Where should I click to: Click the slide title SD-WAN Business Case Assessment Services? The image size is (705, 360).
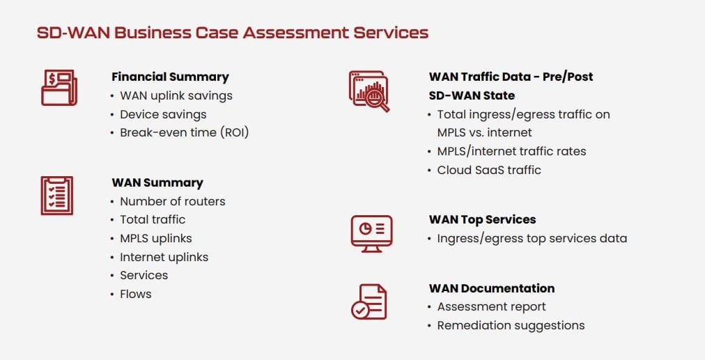click(x=232, y=32)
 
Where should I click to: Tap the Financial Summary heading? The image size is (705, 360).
click(x=170, y=77)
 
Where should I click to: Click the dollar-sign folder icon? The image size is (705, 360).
click(x=59, y=88)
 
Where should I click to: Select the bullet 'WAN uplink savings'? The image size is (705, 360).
click(x=176, y=95)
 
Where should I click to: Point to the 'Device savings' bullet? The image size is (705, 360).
click(x=163, y=114)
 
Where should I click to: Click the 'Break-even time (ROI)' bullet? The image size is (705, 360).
click(x=184, y=132)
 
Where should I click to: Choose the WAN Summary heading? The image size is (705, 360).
click(x=157, y=182)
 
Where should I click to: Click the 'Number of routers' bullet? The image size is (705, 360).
click(x=172, y=201)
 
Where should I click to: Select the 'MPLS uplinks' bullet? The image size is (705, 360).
click(x=155, y=238)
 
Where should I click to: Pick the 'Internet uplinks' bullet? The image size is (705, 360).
click(x=164, y=257)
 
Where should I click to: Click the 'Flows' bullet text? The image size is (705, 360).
click(x=135, y=294)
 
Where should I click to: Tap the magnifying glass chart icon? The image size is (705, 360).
click(x=369, y=91)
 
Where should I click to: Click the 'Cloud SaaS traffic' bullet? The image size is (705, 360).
click(x=488, y=170)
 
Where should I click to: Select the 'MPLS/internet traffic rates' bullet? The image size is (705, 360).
click(x=511, y=151)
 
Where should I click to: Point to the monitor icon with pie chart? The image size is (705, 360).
click(x=371, y=233)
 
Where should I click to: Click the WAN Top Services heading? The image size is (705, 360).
click(x=482, y=219)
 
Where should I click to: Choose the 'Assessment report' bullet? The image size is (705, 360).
click(x=491, y=306)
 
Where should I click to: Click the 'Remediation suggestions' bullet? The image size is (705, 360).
click(x=511, y=325)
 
